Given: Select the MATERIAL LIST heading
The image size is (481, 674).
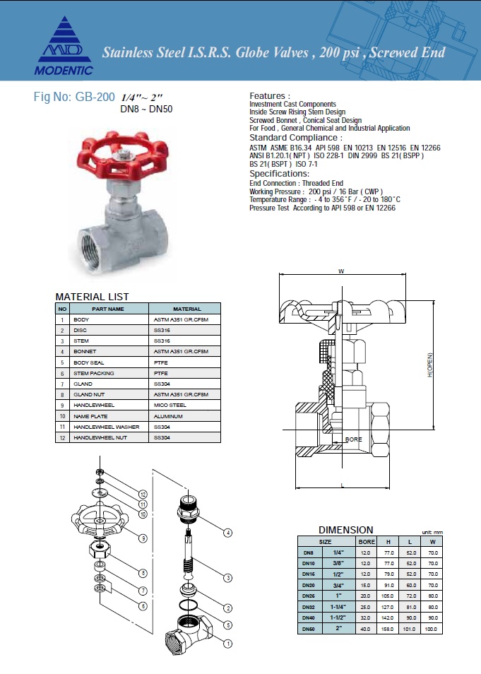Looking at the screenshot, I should (92, 297).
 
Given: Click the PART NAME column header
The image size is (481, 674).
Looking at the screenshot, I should (108, 309).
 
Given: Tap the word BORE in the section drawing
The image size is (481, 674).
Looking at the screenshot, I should (353, 439).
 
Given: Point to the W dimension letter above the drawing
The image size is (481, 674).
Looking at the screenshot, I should (341, 271).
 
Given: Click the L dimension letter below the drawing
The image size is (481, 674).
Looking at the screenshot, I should (342, 485).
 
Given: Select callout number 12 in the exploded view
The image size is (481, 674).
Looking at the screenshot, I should (143, 494).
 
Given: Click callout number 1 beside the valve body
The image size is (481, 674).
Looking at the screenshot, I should (227, 644).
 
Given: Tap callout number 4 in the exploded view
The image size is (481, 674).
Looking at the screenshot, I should (228, 532).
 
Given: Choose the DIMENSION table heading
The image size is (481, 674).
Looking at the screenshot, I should (346, 529).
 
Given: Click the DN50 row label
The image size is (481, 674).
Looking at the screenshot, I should (308, 629).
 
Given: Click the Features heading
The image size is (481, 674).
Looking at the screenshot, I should (270, 95).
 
